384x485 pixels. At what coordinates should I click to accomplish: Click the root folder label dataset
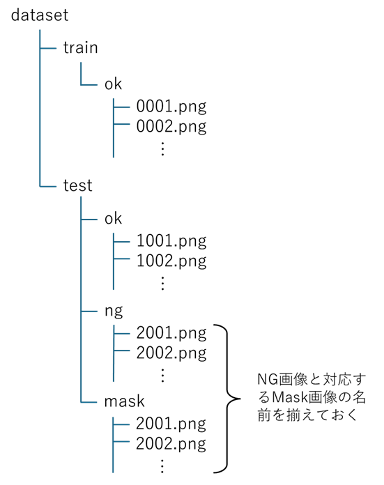tap(40, 15)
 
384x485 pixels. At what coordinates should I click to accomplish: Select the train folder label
tap(80, 47)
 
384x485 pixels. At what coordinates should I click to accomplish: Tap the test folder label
tap(77, 185)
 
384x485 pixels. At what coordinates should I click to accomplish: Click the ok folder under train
tap(113, 84)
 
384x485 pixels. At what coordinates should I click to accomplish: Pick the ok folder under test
tap(113, 218)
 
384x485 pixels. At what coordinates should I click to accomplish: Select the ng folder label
tap(114, 311)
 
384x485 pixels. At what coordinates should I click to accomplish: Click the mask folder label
tap(124, 401)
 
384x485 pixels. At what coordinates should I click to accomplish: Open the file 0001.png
tap(171, 107)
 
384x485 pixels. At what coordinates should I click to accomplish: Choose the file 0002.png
tap(171, 127)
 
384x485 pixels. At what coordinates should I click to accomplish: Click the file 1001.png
tap(171, 241)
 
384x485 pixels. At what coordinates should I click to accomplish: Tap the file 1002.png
tap(171, 261)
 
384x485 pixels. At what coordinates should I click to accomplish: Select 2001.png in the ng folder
tap(171, 333)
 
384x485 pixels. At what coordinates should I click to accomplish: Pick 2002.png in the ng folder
tap(171, 353)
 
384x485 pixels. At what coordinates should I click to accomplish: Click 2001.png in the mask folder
tap(171, 424)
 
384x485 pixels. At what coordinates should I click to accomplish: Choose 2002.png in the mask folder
tap(171, 444)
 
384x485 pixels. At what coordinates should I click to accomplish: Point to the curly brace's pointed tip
tap(240, 399)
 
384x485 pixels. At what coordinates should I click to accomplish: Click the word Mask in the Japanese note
tap(289, 397)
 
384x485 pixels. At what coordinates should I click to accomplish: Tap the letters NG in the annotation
tap(268, 379)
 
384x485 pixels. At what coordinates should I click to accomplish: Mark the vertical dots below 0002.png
tap(163, 149)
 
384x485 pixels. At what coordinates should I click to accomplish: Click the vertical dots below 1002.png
tap(163, 284)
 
